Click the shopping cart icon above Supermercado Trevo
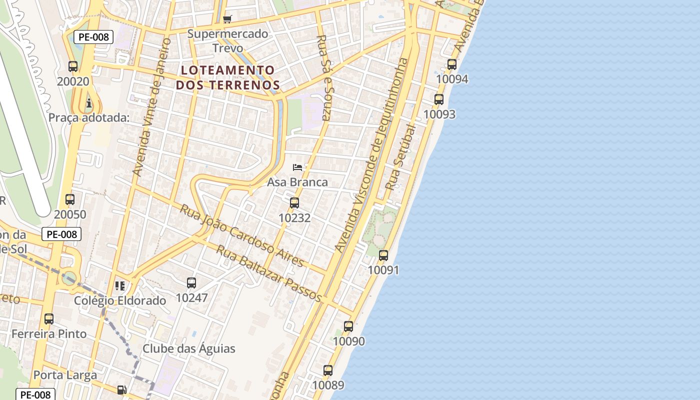[227, 19]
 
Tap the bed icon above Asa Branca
[297, 167]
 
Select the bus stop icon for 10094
[452, 64]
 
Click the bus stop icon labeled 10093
[439, 99]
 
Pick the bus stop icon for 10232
[294, 203]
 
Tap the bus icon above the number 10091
[383, 255]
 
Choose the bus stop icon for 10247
[191, 283]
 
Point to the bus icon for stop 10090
[348, 326]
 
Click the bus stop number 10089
[328, 385]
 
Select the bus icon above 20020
[73, 66]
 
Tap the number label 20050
[70, 214]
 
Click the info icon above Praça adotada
[89, 103]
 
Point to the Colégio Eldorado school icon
[120, 286]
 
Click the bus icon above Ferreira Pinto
[49, 319]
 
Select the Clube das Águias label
[189, 348]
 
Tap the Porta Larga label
[65, 375]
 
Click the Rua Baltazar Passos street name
[268, 273]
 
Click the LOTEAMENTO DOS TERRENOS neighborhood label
[228, 77]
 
